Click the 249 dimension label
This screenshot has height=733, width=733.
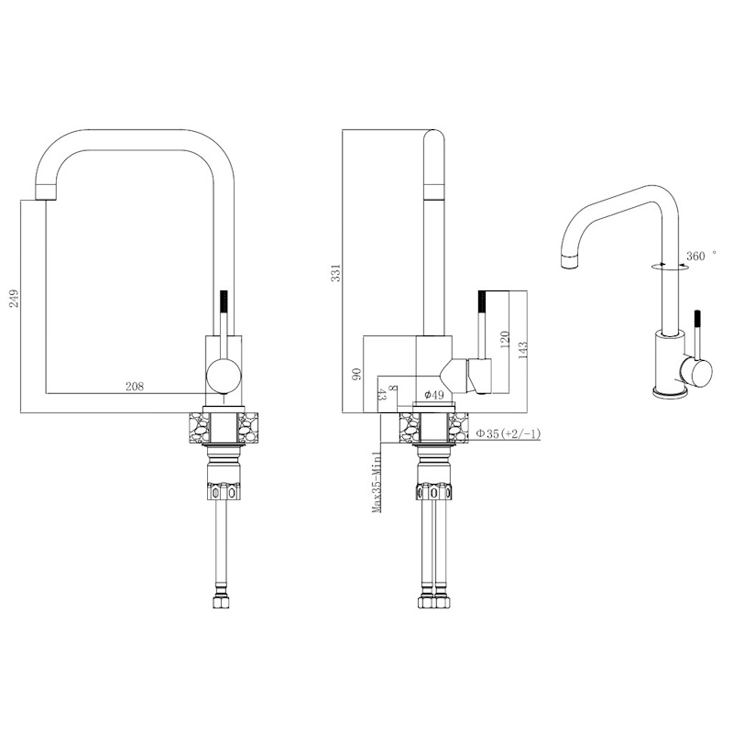pos(15,298)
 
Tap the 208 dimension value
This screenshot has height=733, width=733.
pos(135,386)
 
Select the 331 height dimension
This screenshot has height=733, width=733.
pos(335,272)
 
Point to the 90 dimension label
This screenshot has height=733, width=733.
pos(356,374)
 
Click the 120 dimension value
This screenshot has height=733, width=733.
pos(505,340)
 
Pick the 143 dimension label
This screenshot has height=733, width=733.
pos(521,351)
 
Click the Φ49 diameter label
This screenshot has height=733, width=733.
pos(433,395)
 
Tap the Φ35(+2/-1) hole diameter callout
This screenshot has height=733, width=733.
pos(509,433)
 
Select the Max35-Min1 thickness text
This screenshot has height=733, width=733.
pos(377,482)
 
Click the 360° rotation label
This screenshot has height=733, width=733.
pos(701,256)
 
